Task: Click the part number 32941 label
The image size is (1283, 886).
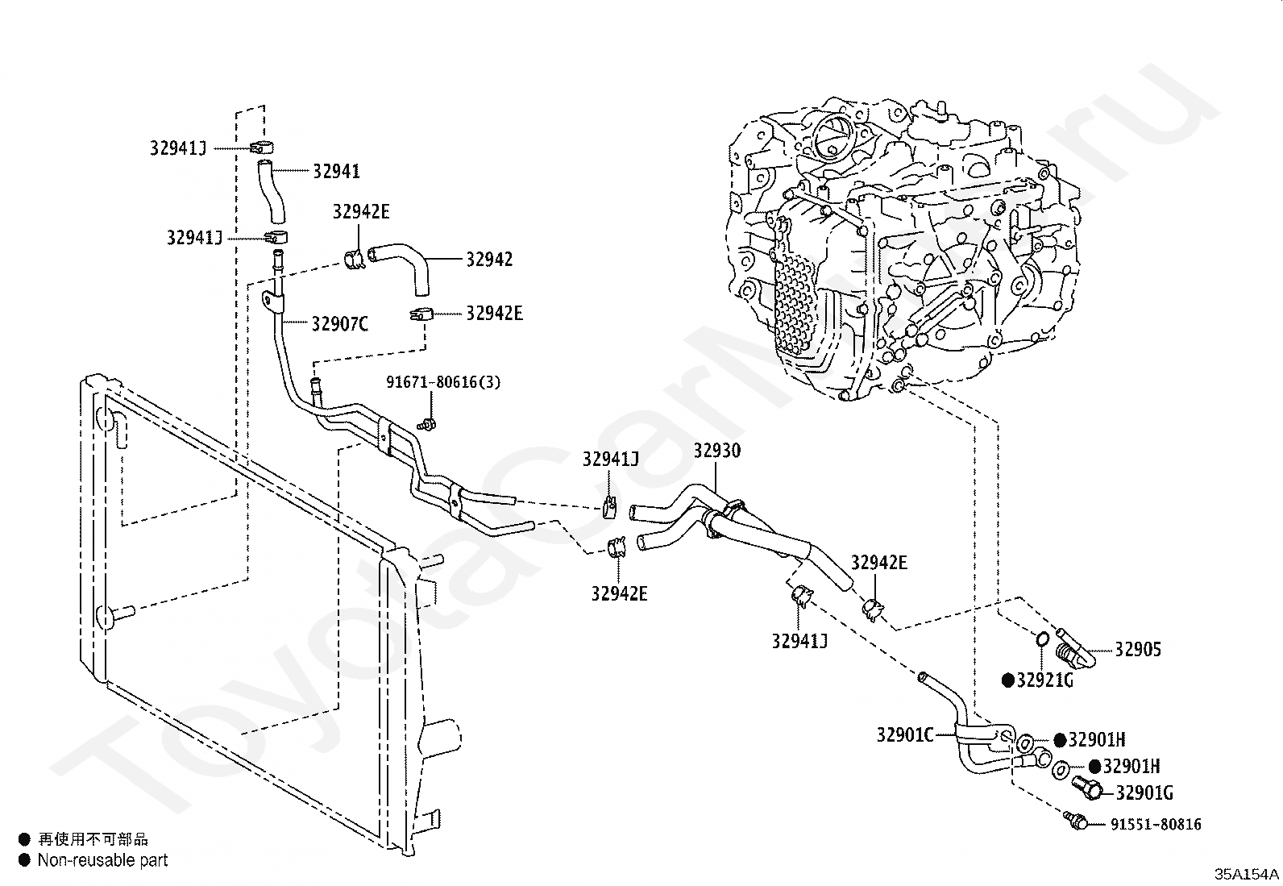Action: click(x=336, y=172)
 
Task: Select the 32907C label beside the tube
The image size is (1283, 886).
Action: click(x=339, y=324)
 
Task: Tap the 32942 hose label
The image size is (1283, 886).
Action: click(x=489, y=260)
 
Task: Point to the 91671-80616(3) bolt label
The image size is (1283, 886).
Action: click(x=442, y=381)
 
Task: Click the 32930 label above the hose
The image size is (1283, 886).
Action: click(x=717, y=451)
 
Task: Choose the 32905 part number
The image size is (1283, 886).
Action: click(x=1137, y=650)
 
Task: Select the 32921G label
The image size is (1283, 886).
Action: click(x=1044, y=680)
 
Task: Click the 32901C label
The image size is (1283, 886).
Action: click(x=905, y=734)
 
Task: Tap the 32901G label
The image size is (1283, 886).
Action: click(x=1144, y=793)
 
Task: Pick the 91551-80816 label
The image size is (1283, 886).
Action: click(x=1156, y=825)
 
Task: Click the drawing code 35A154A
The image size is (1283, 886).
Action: click(x=1247, y=874)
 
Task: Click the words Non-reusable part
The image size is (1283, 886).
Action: click(x=102, y=860)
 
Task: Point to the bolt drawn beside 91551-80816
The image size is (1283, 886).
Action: click(x=1076, y=820)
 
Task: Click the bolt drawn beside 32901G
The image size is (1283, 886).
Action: click(x=1087, y=788)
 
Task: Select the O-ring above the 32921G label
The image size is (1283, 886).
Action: click(x=1043, y=639)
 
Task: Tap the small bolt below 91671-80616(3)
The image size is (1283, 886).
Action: click(x=426, y=425)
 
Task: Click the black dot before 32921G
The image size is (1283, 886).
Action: click(x=1008, y=680)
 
